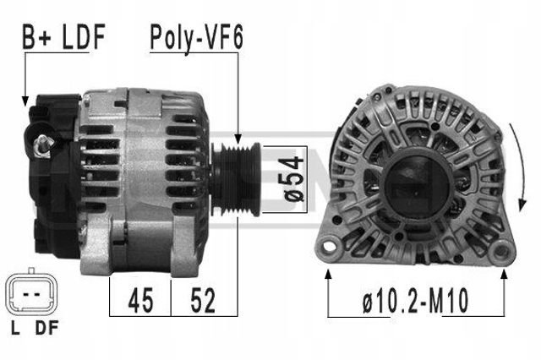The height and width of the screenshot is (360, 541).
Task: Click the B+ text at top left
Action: tap(37, 36)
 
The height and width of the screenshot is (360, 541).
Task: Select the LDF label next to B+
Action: tap(84, 36)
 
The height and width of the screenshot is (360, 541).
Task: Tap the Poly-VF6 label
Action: tap(197, 37)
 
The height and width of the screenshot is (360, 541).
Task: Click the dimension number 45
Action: tap(140, 300)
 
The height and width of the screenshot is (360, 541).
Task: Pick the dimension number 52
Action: tap(203, 300)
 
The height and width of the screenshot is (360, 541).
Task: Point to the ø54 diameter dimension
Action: tap(293, 178)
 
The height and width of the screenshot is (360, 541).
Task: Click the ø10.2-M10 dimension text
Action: tap(416, 301)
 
